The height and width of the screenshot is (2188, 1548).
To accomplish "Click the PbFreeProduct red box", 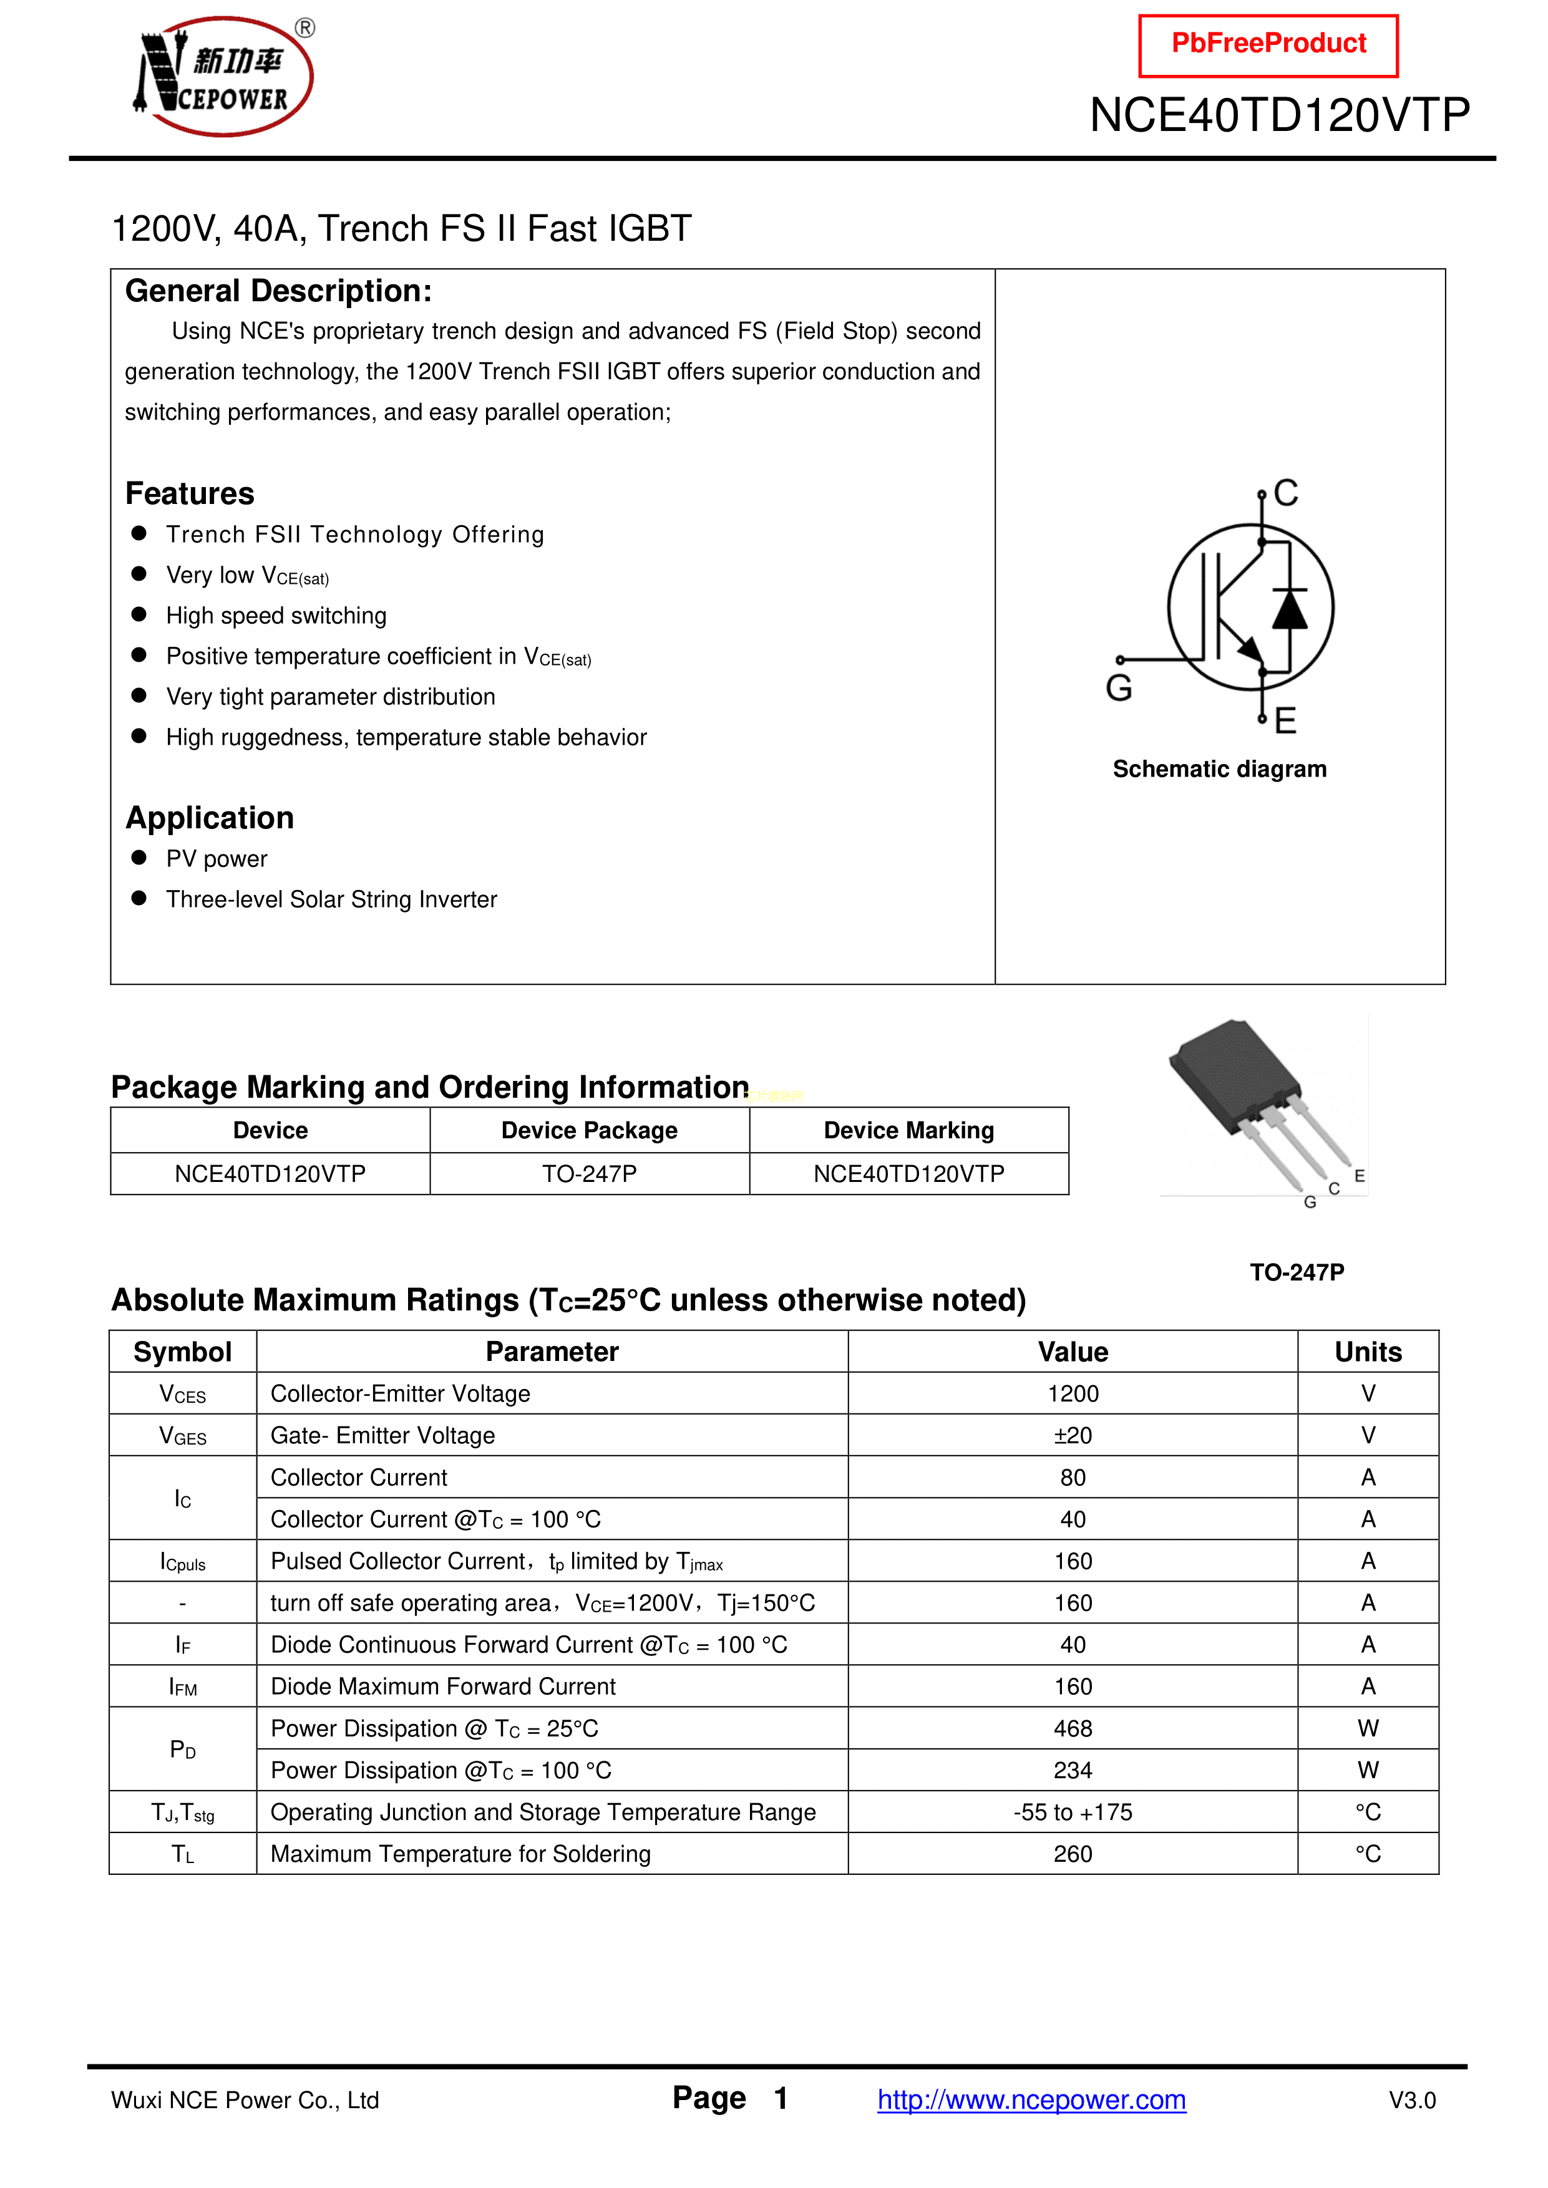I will click(1268, 45).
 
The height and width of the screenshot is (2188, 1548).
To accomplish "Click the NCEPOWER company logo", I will click(224, 76).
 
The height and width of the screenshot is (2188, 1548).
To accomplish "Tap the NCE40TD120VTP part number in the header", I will click(1279, 115).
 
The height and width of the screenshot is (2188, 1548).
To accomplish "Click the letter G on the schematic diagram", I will click(1119, 687).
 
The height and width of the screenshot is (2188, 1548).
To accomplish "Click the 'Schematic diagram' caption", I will click(1219, 769).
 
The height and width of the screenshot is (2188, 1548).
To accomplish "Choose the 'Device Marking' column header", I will click(908, 1130).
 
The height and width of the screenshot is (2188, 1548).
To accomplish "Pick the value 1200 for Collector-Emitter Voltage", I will click(1073, 1394).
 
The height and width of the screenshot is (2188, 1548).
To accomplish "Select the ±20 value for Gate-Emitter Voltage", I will click(1073, 1436).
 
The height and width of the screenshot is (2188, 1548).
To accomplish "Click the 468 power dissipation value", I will click(1073, 1729).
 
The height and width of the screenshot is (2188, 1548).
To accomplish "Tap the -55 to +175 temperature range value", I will click(1073, 1813).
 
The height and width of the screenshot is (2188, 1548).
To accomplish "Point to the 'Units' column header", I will click(1368, 1352).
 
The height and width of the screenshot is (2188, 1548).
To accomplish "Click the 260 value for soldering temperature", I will click(1073, 1854).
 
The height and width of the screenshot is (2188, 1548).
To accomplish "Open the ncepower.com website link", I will click(1031, 2099).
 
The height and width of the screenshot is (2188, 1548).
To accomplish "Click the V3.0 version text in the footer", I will click(1412, 2100).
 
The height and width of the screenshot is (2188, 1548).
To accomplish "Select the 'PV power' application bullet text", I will click(217, 859).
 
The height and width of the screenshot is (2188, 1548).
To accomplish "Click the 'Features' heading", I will click(190, 493).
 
